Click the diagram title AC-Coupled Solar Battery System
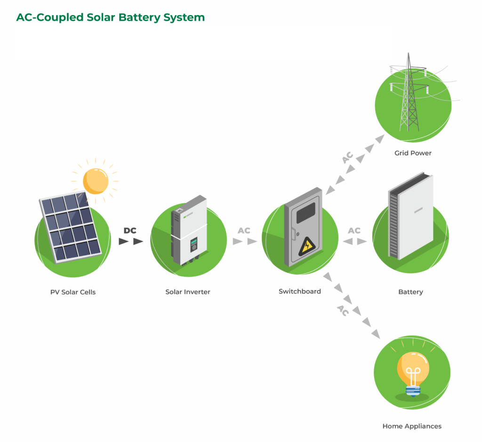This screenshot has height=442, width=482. pyautogui.click(x=111, y=18)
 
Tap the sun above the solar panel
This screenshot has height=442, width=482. pyautogui.click(x=96, y=181)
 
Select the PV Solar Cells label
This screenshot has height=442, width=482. pyautogui.click(x=73, y=292)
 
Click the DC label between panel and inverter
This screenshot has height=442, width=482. pyautogui.click(x=130, y=231)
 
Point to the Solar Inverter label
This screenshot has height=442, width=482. pyautogui.click(x=188, y=292)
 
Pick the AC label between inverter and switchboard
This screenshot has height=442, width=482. pyautogui.click(x=244, y=231)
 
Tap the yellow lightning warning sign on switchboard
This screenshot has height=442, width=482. pyautogui.click(x=307, y=245)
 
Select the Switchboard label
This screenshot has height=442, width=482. pyautogui.click(x=300, y=292)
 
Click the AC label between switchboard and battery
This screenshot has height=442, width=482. pyautogui.click(x=354, y=231)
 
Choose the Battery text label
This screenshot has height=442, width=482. pyautogui.click(x=410, y=292)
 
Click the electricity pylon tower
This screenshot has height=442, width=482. pyautogui.click(x=409, y=94)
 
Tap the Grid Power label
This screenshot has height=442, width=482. pyautogui.click(x=413, y=153)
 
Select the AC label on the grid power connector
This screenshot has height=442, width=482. pyautogui.click(x=348, y=158)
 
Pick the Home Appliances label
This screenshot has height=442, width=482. pyautogui.click(x=412, y=426)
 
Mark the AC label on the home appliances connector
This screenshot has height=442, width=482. pyautogui.click(x=342, y=310)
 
